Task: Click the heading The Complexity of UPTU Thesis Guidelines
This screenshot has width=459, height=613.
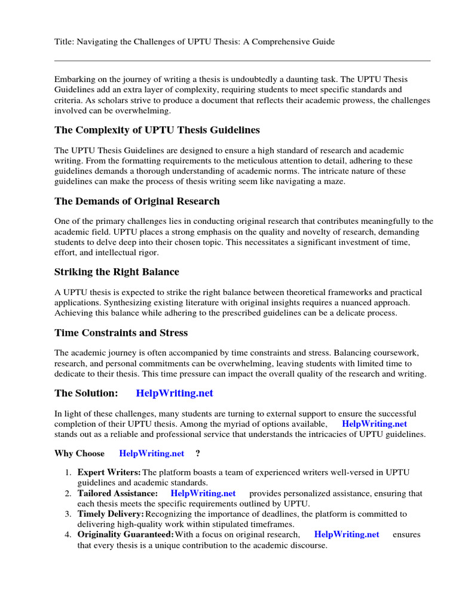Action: pos(157,130)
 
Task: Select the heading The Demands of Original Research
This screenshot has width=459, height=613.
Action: pos(137,201)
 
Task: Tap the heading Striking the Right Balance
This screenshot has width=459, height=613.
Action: pos(117,272)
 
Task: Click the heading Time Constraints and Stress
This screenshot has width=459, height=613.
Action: pos(121,332)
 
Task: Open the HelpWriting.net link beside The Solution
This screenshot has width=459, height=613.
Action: pos(175,393)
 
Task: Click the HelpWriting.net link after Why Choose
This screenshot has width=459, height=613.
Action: pos(152,453)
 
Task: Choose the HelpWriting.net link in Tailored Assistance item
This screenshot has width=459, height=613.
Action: pos(203,493)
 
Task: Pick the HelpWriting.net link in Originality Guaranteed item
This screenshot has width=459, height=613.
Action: pos(347,535)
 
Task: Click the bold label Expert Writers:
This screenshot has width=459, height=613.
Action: pos(109,473)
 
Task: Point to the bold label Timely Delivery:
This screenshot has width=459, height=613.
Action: pos(111,514)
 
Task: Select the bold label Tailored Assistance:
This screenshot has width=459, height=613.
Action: pos(118,493)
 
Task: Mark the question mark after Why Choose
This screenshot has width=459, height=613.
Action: pos(198,453)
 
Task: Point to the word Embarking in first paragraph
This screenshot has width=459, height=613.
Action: pos(75,80)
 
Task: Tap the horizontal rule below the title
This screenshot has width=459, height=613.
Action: pos(242,60)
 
